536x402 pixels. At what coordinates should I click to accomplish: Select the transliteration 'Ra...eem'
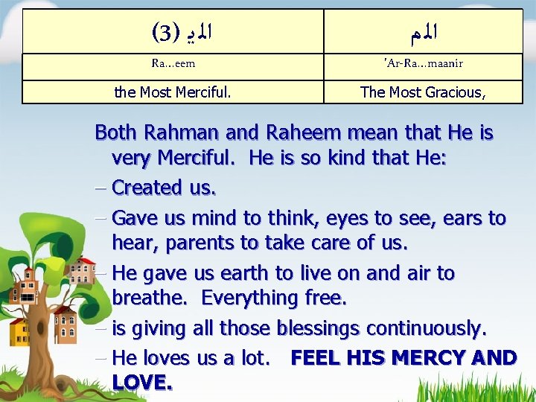pos(173,64)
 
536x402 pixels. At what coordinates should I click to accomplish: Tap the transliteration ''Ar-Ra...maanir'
pos(424,64)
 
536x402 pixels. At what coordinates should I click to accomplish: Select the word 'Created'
pos(147,188)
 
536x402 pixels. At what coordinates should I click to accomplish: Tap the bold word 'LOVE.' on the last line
pos(142,383)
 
